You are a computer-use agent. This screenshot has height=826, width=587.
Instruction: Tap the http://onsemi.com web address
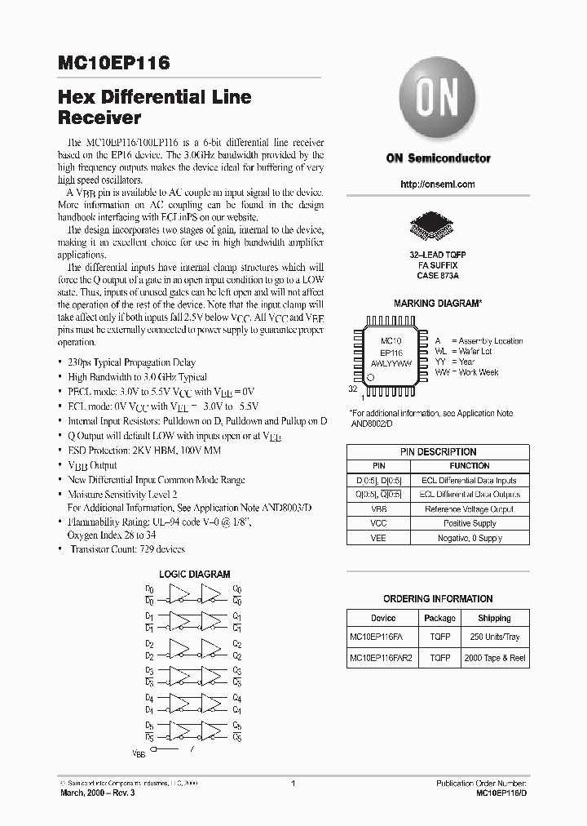point(438,184)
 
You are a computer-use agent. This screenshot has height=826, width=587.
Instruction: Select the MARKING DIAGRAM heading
point(438,304)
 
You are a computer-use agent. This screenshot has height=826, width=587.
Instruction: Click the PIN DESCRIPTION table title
point(438,451)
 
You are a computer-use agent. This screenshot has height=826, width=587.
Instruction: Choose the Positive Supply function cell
point(470,523)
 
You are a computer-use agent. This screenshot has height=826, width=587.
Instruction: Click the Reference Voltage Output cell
point(470,508)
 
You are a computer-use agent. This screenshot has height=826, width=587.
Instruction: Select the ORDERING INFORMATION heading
point(438,598)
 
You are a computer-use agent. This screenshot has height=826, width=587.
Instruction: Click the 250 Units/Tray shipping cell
point(495,637)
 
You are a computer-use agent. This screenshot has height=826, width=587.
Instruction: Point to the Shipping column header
point(495,618)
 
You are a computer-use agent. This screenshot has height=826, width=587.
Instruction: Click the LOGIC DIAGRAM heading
point(194,575)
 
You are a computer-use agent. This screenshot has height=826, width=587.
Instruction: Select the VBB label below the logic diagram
point(138,755)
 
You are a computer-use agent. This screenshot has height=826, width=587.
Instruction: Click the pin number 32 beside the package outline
point(353,390)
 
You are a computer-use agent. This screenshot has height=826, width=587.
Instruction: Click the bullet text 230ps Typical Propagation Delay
point(131,362)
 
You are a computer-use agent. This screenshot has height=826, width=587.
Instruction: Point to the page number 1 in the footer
point(293,783)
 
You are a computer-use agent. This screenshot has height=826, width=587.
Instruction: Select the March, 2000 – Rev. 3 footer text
point(95,793)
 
